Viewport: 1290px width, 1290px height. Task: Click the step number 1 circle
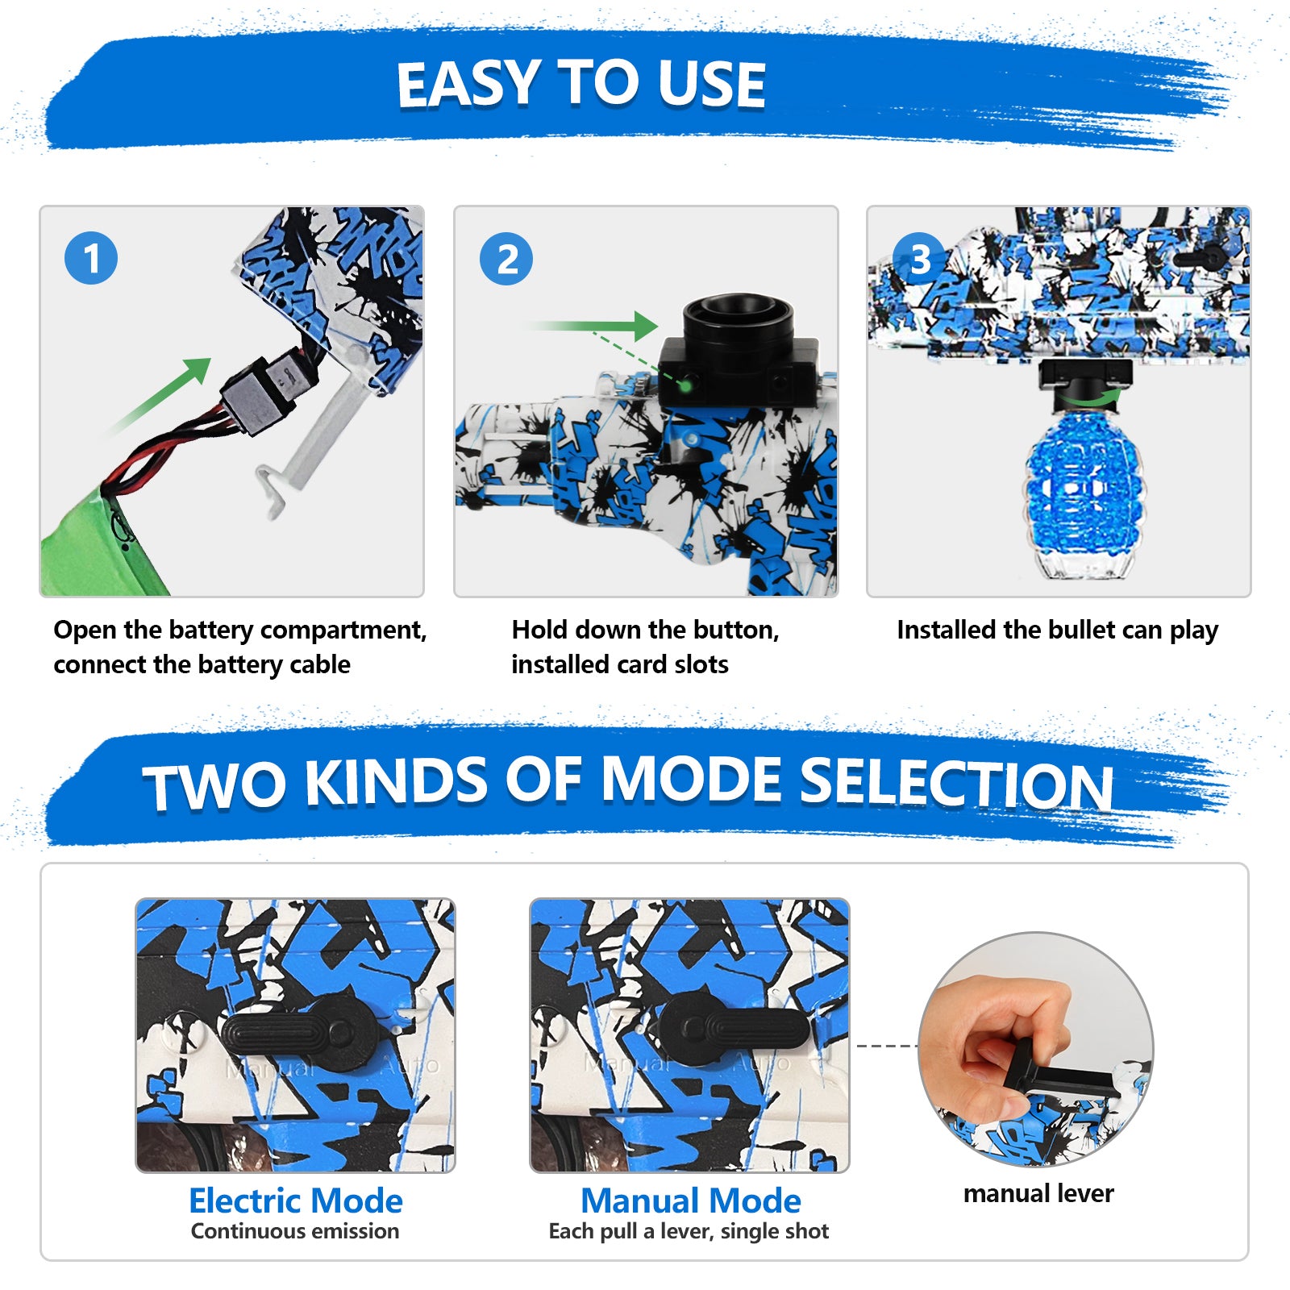[x=91, y=258]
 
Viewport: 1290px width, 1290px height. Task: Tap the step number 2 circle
[x=506, y=259]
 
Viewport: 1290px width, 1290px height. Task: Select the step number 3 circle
[x=920, y=259]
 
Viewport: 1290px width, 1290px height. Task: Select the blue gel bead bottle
[x=1080, y=492]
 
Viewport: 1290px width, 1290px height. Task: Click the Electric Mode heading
[x=296, y=1201]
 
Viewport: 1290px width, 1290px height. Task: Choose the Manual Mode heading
[x=691, y=1201]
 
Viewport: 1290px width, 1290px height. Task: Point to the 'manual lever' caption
[x=1038, y=1193]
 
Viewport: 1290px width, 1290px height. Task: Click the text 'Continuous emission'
[x=295, y=1231]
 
